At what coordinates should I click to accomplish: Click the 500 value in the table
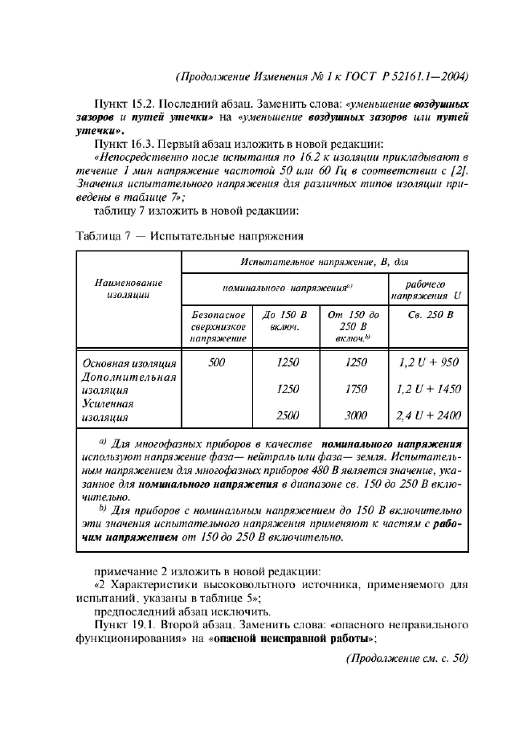click(x=217, y=362)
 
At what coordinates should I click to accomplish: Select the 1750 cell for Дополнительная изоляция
click(x=355, y=389)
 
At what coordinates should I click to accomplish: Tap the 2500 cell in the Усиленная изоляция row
click(x=288, y=415)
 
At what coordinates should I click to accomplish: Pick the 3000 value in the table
click(x=355, y=415)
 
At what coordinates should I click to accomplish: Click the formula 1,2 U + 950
click(x=428, y=362)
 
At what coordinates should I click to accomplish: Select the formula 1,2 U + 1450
click(x=428, y=389)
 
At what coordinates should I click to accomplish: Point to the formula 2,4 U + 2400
click(x=428, y=415)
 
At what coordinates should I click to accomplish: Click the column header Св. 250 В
click(x=427, y=316)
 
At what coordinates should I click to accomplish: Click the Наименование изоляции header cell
click(x=129, y=289)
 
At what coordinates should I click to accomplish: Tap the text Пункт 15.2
click(x=123, y=104)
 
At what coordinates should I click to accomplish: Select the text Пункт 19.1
click(x=123, y=623)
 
